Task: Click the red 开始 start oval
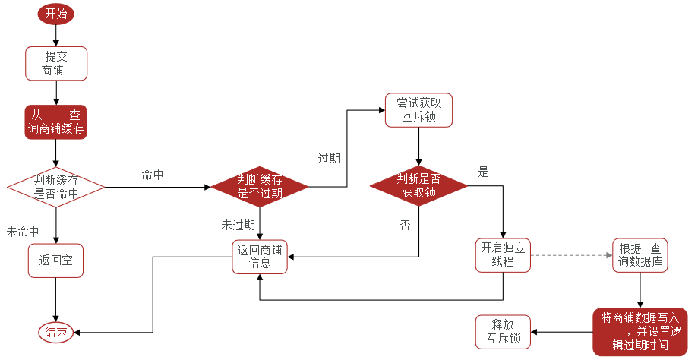(x=56, y=14)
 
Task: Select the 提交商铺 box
(x=56, y=64)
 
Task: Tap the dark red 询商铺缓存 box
(x=56, y=122)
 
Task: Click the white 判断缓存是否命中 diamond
(x=56, y=187)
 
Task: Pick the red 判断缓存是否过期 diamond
(x=260, y=187)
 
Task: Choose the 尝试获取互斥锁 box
(x=418, y=110)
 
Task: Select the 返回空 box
(x=55, y=260)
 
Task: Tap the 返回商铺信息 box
(x=260, y=257)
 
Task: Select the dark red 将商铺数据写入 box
(x=640, y=332)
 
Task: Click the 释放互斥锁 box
(x=503, y=332)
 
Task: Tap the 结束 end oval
(x=55, y=332)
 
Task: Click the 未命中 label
(x=23, y=231)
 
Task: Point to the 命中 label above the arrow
(x=153, y=175)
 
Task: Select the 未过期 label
(x=238, y=225)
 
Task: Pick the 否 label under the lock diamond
(x=405, y=225)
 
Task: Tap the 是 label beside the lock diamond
(x=483, y=172)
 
